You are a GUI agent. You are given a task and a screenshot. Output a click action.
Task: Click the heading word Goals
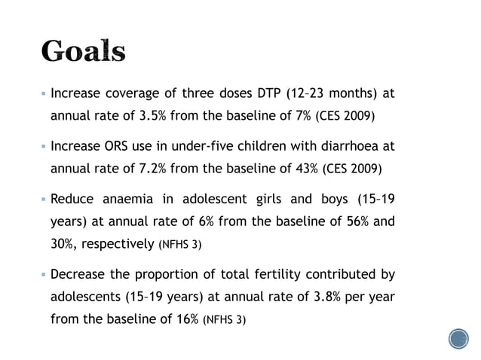point(83,50)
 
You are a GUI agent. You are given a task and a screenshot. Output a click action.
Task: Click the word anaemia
point(136,200)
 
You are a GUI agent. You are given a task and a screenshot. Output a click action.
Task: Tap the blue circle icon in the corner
point(458,339)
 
